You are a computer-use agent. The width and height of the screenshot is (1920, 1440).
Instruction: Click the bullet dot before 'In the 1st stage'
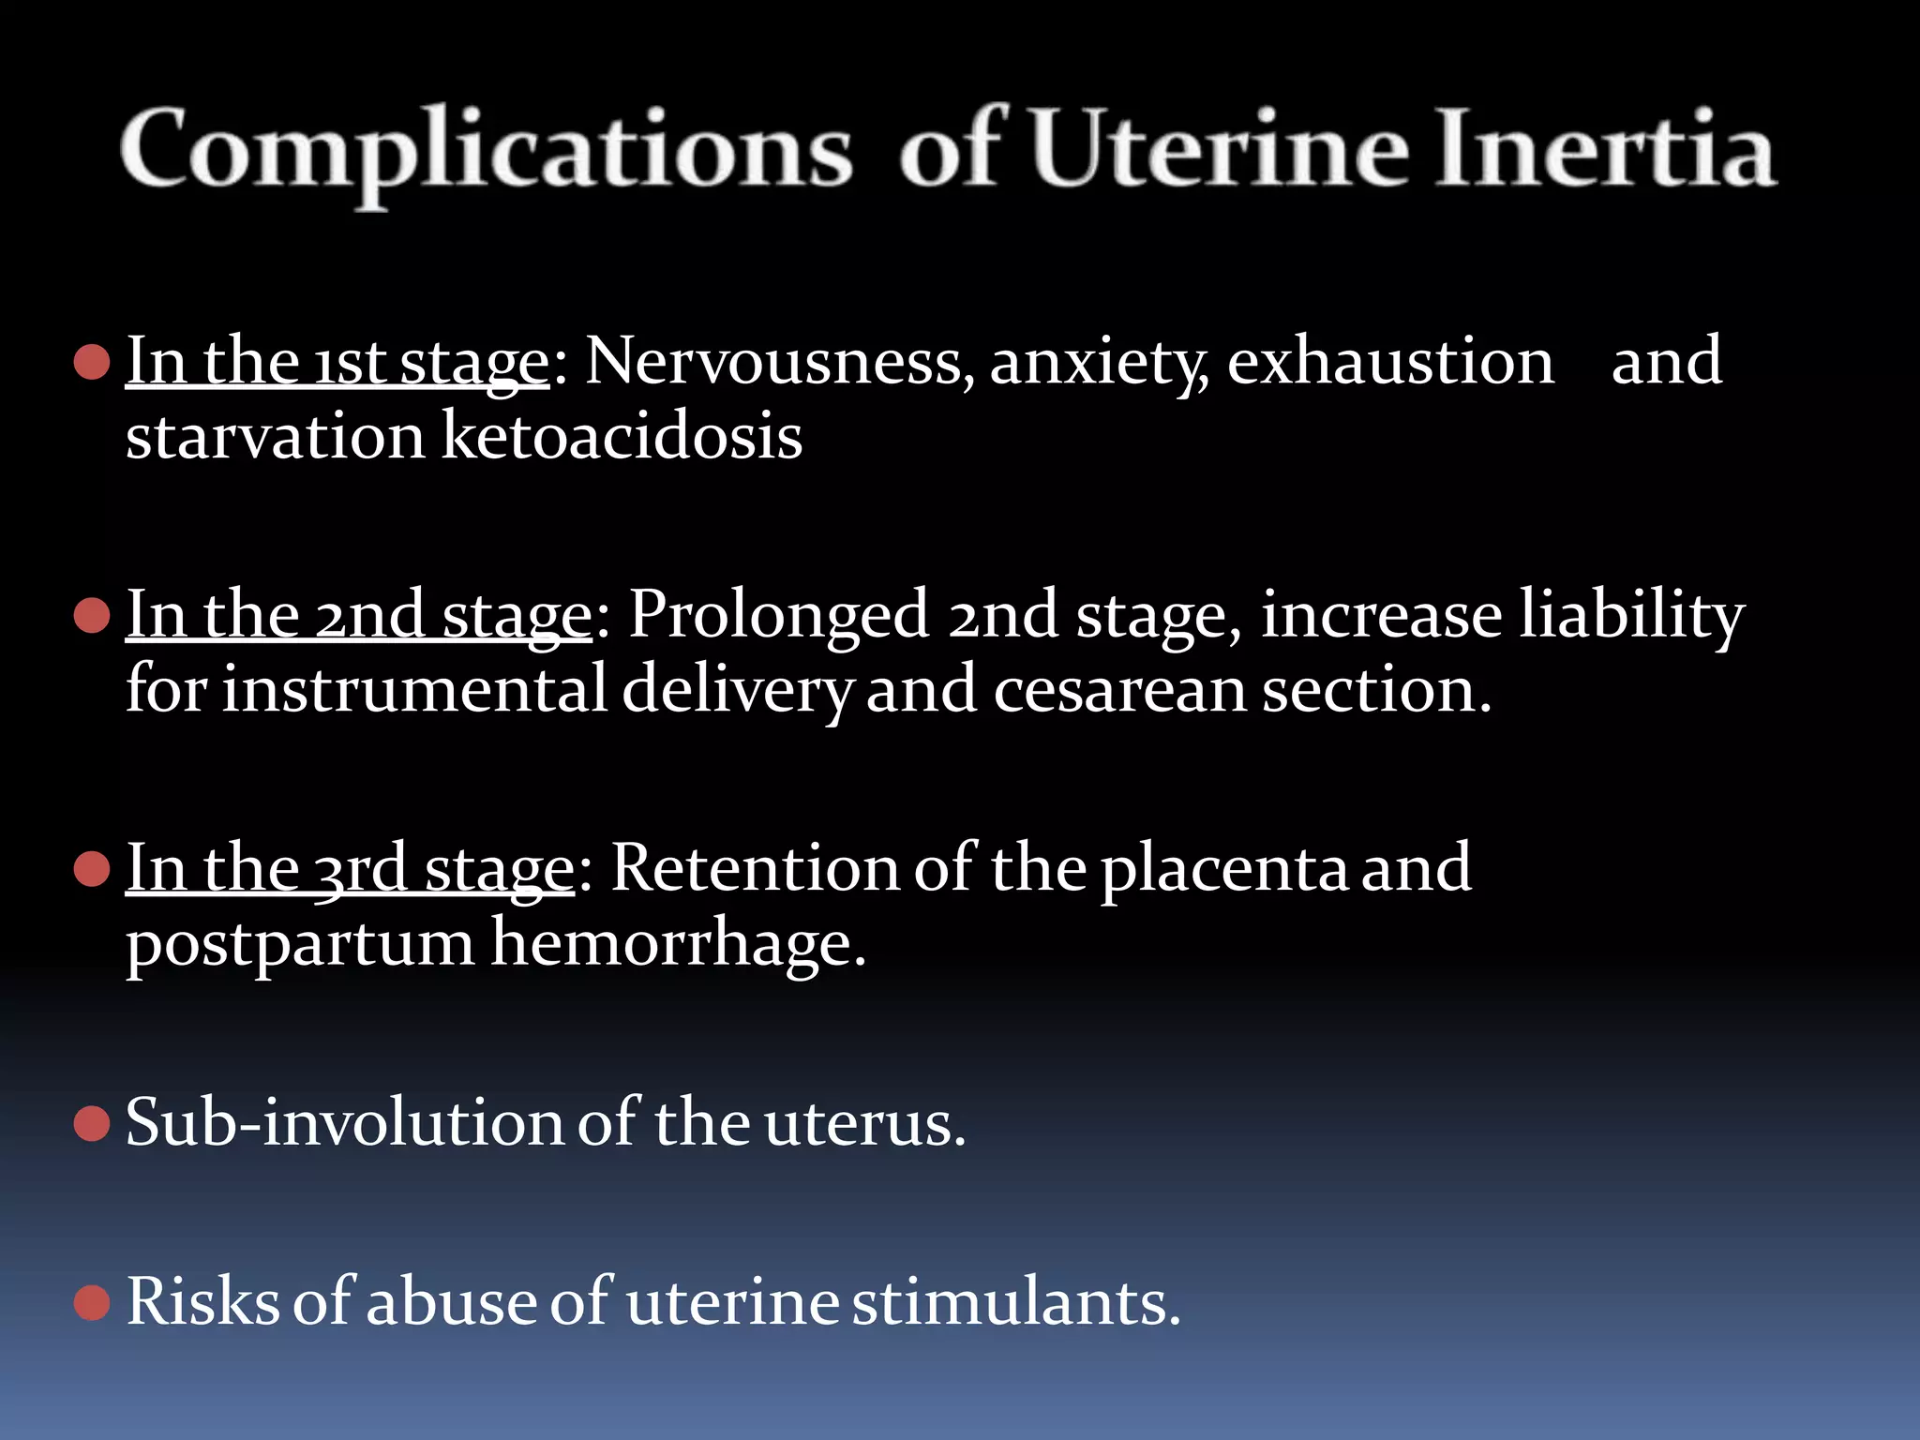(x=92, y=362)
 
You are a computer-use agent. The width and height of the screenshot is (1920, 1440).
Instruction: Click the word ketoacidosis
(x=622, y=437)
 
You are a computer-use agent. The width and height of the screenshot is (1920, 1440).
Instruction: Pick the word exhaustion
(x=1390, y=362)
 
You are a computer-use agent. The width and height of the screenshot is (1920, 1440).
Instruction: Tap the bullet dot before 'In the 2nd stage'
(x=92, y=616)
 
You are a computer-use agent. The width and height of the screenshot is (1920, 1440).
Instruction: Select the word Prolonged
(x=778, y=616)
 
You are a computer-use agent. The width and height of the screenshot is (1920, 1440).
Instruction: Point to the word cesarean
(x=1119, y=691)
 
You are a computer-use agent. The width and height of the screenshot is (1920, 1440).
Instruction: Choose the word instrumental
(x=415, y=691)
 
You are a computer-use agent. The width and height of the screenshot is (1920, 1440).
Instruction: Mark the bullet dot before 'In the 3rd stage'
(x=92, y=869)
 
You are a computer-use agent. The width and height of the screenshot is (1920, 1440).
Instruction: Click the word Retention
(x=756, y=869)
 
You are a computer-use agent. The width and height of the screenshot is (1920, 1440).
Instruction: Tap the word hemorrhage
(x=677, y=944)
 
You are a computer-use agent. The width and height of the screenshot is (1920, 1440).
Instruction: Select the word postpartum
(x=300, y=944)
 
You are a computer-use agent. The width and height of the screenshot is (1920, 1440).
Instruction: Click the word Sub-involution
(x=344, y=1123)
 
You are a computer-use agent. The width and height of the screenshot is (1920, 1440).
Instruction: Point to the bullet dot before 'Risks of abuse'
(x=92, y=1302)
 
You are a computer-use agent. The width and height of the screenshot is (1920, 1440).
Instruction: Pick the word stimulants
(x=1014, y=1302)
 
